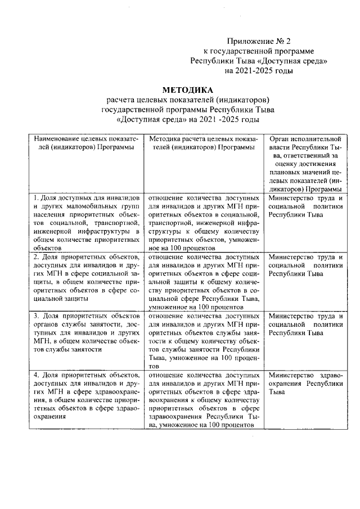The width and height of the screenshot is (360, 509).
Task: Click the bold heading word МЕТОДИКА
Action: click(x=187, y=89)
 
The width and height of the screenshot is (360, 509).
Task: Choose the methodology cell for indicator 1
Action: click(x=203, y=222)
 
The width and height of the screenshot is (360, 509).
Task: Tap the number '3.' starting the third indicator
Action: click(x=37, y=316)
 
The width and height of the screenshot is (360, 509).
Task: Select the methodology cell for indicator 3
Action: click(x=203, y=340)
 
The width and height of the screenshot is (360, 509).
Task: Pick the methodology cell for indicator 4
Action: click(x=203, y=399)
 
